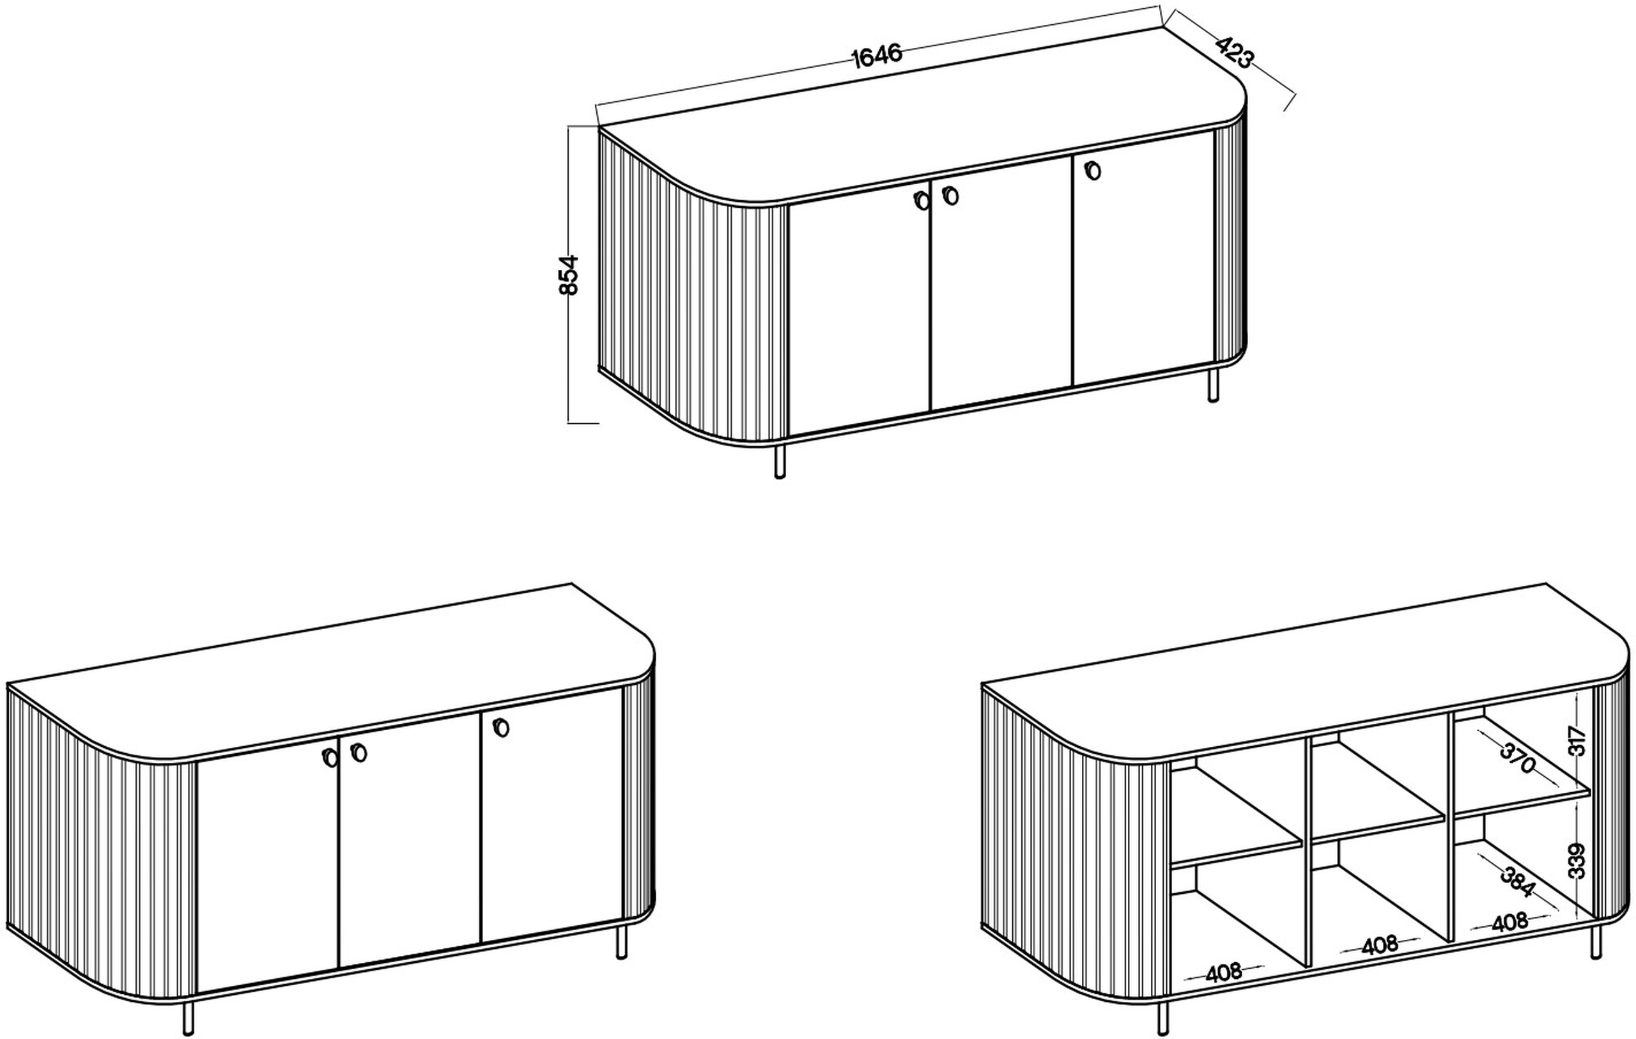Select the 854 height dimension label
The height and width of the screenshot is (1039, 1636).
tap(569, 274)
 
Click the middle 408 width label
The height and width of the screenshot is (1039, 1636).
tap(1380, 945)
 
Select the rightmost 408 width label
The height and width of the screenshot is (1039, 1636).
tap(1509, 922)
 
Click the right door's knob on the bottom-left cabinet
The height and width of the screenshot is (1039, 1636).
tap(502, 727)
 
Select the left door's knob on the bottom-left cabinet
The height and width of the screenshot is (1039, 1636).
tap(330, 758)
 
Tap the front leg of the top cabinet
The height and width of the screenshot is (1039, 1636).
tap(780, 462)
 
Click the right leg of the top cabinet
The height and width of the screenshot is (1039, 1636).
tap(1213, 385)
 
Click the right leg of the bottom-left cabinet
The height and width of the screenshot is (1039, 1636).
tap(621, 942)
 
